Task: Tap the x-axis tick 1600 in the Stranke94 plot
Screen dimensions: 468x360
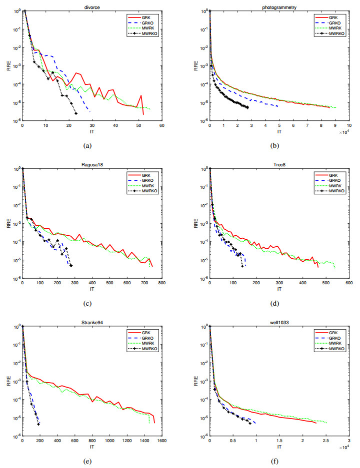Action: (161, 440)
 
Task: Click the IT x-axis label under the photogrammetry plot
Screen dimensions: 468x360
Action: (279, 131)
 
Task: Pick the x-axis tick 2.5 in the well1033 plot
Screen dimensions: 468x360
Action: (325, 440)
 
